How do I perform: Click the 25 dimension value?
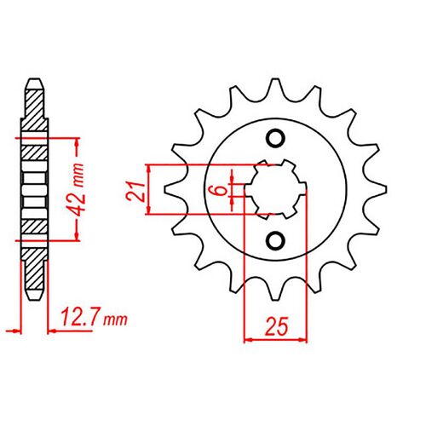pos(274,325)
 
